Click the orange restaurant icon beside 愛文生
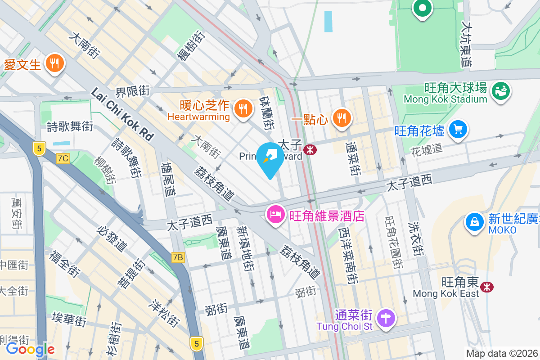55,64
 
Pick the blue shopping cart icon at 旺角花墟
458,130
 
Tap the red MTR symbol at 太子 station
310,149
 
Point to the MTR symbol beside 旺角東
486,287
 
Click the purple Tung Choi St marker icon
386,318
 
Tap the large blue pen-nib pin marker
270,159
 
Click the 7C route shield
63,158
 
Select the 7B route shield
178,257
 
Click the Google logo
30,349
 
